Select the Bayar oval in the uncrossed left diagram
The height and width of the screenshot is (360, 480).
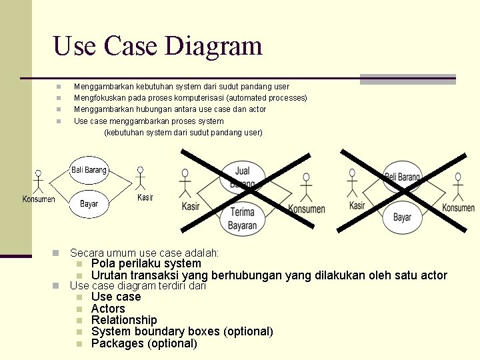pyautogui.click(x=89, y=204)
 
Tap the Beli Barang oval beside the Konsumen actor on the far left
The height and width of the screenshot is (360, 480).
pyautogui.click(x=89, y=170)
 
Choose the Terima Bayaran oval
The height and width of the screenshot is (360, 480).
pyautogui.click(x=242, y=219)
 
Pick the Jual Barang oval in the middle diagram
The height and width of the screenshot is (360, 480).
pyautogui.click(x=242, y=177)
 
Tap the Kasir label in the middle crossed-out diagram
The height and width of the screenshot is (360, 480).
pyautogui.click(x=191, y=206)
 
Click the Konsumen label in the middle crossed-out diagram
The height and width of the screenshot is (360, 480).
pyautogui.click(x=306, y=209)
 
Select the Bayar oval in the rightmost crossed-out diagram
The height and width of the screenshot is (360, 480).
pyautogui.click(x=402, y=217)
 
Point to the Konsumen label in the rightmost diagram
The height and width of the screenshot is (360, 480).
pyautogui.click(x=458, y=208)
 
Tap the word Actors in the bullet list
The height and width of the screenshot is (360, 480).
pyautogui.click(x=108, y=309)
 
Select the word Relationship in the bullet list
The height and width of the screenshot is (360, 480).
pyautogui.click(x=124, y=320)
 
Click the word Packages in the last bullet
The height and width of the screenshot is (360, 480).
pyautogui.click(x=117, y=343)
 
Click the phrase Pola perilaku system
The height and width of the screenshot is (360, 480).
pyautogui.click(x=145, y=263)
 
